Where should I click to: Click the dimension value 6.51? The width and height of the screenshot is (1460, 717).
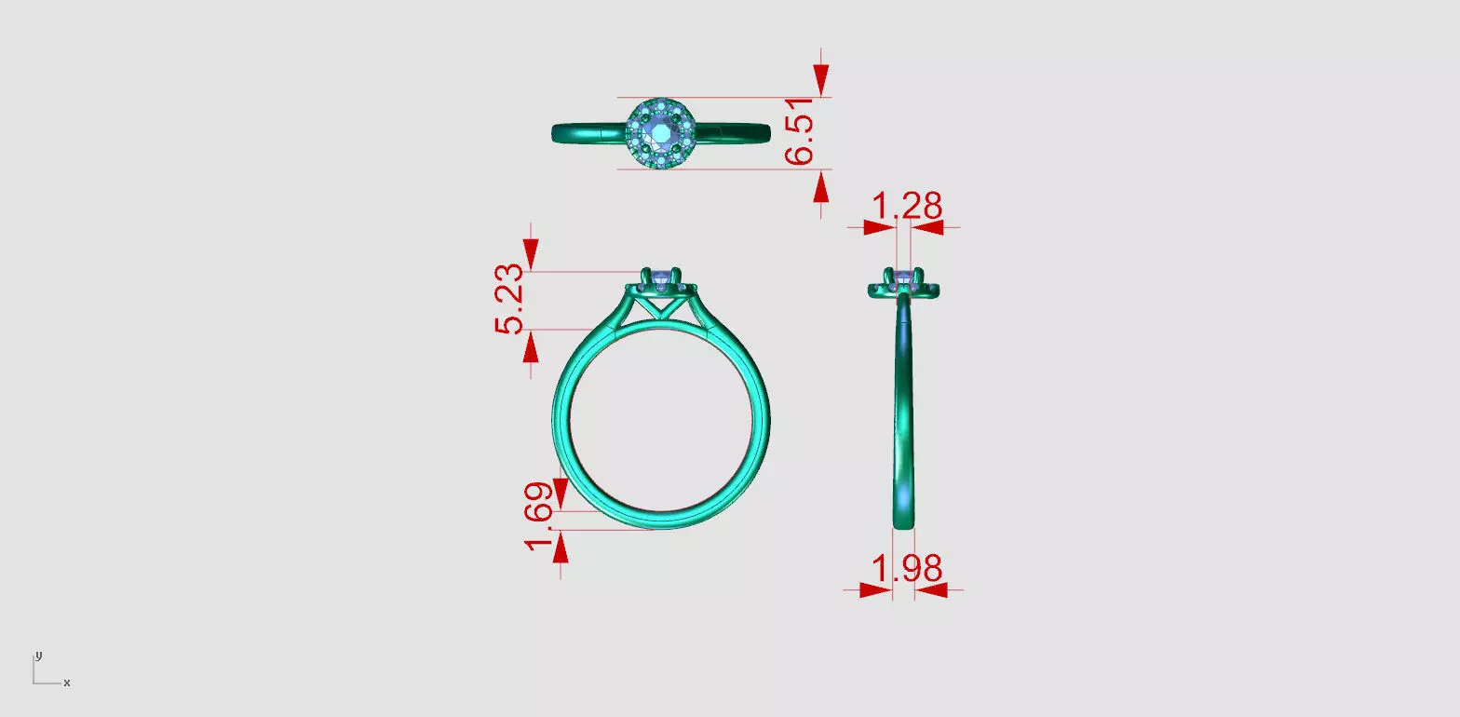800,133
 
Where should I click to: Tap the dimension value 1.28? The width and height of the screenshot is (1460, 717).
904,206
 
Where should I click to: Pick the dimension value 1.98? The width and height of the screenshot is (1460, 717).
906,567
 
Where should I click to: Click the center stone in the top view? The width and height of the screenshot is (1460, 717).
661,133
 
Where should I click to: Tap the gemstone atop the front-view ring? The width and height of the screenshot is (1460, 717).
662,277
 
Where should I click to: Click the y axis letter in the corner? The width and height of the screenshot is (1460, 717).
38,655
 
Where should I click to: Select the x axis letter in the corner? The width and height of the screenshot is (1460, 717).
67,683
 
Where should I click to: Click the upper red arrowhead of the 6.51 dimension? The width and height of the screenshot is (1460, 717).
820,79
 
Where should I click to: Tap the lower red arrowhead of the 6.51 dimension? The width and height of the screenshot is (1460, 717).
820,187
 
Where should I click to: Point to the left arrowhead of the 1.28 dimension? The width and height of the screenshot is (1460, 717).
878,226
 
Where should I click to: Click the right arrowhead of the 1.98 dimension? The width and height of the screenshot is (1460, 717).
931,589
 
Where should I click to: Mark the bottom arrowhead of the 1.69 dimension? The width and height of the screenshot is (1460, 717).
560,548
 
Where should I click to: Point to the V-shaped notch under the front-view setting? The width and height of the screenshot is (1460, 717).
661,303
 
